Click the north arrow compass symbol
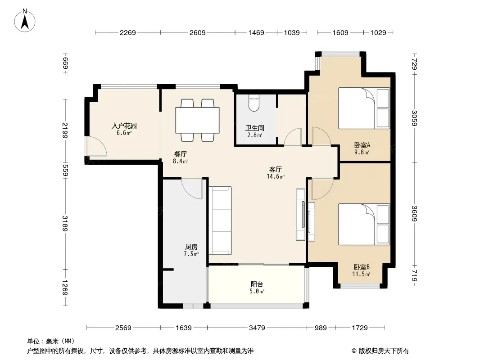(25, 21)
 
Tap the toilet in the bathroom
(254, 103)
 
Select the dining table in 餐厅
(198, 120)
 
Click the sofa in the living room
(220, 220)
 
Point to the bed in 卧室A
(364, 108)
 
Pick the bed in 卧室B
(364, 224)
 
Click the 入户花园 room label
(124, 126)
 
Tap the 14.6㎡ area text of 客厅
(276, 176)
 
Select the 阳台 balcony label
(257, 284)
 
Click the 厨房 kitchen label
(191, 247)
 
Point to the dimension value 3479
(257, 328)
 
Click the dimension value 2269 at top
(127, 32)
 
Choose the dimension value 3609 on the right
(414, 213)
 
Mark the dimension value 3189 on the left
(65, 223)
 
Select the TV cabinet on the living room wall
(301, 214)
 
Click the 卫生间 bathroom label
(254, 128)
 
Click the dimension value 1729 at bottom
(359, 328)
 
